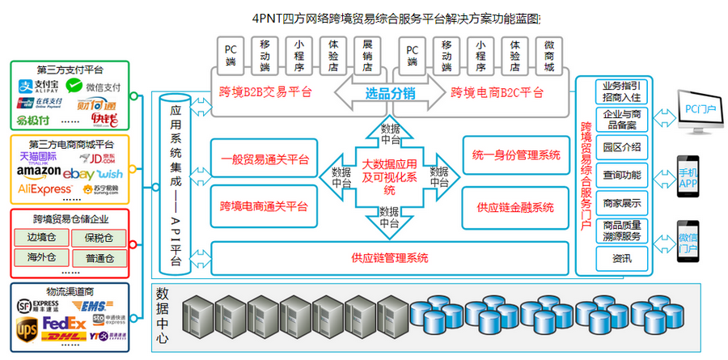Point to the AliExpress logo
(x=44, y=189)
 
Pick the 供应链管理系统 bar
(x=389, y=258)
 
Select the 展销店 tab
(x=367, y=54)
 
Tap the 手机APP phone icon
(x=688, y=180)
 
